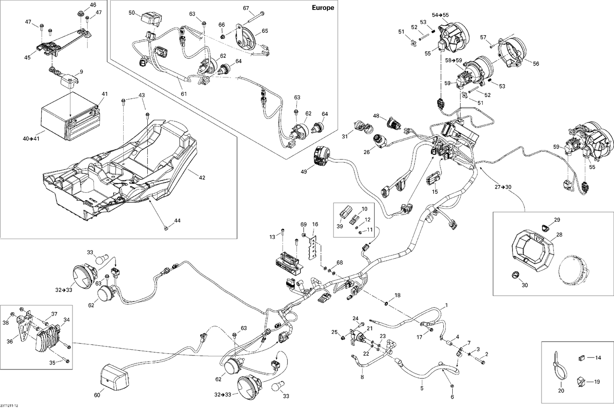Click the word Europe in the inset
pos(323,8)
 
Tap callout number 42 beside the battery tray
pos(202,178)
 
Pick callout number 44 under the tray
pos(177,221)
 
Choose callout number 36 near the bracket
pos(10,342)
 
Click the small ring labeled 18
pos(386,303)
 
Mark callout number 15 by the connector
pos(435,191)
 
